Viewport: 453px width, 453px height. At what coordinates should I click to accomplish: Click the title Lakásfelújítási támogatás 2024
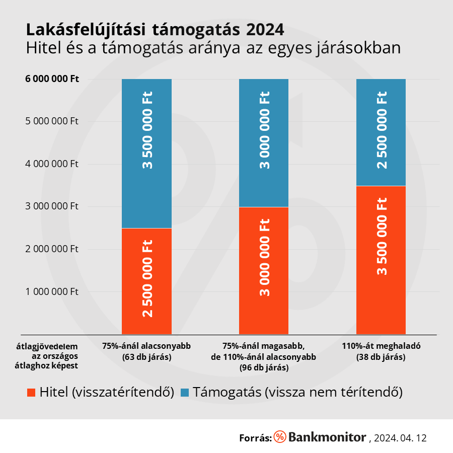(x=155, y=29)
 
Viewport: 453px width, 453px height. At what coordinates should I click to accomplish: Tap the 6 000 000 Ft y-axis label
(x=52, y=79)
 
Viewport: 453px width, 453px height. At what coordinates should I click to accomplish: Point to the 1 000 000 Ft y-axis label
(x=52, y=291)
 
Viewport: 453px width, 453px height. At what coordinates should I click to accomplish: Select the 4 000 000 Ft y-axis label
(x=52, y=164)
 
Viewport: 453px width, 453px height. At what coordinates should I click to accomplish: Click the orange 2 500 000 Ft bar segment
(x=146, y=281)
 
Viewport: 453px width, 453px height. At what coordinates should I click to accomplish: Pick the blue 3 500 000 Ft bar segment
(x=146, y=154)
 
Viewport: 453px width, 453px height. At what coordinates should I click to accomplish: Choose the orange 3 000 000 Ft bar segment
(x=264, y=270)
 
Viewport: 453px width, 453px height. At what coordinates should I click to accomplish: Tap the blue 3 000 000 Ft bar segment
(x=264, y=143)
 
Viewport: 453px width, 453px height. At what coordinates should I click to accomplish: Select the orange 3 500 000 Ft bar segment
(x=381, y=260)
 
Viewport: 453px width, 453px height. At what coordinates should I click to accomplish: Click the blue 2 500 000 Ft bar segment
(x=381, y=132)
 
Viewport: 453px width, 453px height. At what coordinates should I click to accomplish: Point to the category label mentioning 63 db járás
(x=146, y=352)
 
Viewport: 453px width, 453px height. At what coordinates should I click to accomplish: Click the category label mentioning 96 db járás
(x=264, y=357)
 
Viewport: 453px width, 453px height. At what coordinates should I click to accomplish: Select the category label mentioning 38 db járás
(x=381, y=352)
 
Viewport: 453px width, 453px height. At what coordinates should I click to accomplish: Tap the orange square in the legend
(x=31, y=393)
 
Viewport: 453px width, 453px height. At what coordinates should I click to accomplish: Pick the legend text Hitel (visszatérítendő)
(x=106, y=393)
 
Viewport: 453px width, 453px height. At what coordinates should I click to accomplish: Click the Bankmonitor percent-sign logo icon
(x=280, y=437)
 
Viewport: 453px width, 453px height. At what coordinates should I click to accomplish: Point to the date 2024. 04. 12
(x=401, y=438)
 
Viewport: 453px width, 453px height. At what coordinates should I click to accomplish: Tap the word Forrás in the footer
(x=255, y=438)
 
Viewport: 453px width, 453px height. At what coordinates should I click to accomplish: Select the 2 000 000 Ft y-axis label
(x=52, y=249)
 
